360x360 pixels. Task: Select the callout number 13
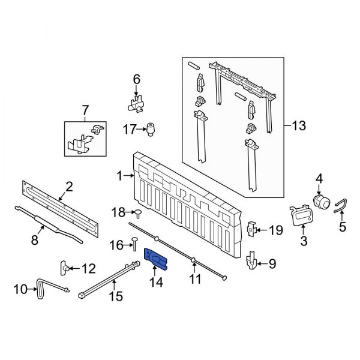[298, 126]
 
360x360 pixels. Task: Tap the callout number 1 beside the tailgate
[119, 176]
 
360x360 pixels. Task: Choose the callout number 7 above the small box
[85, 110]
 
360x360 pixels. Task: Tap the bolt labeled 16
[134, 244]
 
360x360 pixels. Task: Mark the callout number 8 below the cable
[34, 239]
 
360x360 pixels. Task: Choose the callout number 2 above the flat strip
[69, 187]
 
